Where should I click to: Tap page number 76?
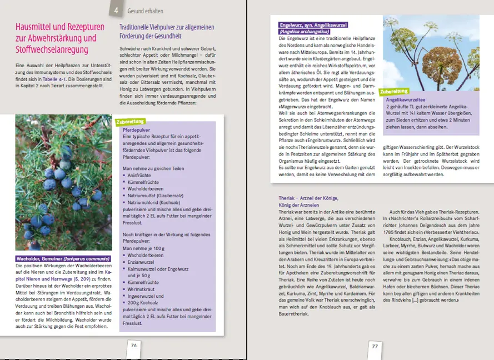click(x=133, y=346)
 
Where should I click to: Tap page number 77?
click(x=375, y=347)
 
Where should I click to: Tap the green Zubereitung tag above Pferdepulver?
click(x=131, y=122)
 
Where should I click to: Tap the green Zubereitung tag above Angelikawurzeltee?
click(x=394, y=91)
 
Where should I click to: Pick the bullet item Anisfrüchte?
click(x=141, y=174)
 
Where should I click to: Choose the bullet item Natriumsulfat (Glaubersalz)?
click(x=158, y=196)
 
